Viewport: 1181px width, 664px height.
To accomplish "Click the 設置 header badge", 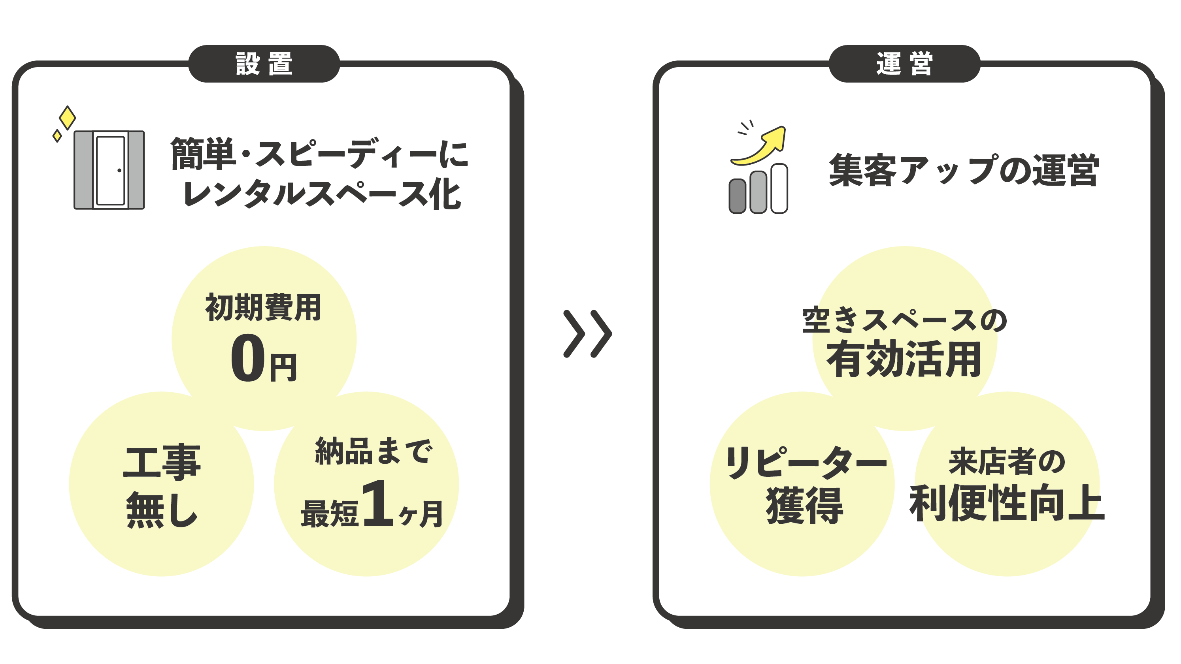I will coord(264,64).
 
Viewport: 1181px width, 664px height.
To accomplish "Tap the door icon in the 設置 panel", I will coord(109,170).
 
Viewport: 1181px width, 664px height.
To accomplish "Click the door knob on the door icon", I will coord(119,171).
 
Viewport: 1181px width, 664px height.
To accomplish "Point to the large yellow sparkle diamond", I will coord(68,118).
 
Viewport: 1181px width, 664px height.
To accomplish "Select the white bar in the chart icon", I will coord(779,188).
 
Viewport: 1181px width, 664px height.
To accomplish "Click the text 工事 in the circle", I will coord(162,462).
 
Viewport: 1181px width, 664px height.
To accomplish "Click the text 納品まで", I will coord(373,451).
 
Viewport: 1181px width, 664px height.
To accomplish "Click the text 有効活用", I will coord(904,359).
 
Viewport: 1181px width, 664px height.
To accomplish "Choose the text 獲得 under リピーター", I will coord(804,506).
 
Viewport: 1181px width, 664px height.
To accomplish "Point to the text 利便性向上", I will coord(1007,503).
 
